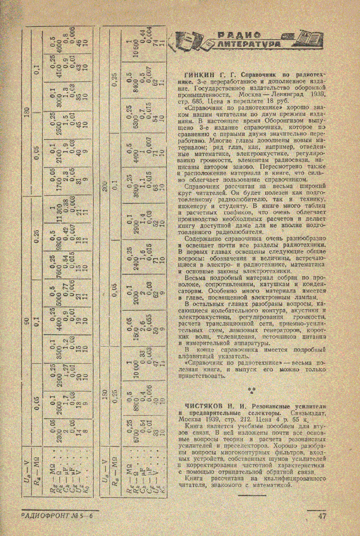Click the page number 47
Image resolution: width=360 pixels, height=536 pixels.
click(322, 516)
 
